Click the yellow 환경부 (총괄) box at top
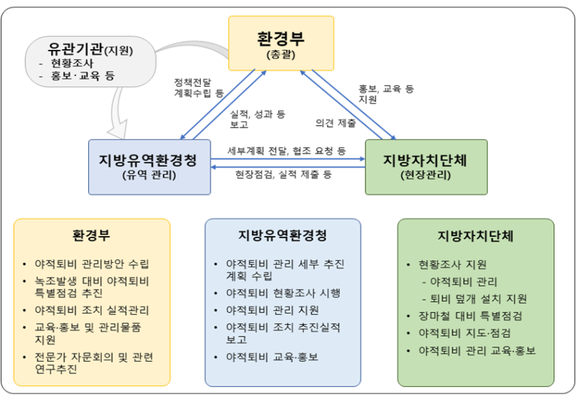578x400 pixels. pos(281,43)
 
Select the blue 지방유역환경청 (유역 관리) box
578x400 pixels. pos(150,167)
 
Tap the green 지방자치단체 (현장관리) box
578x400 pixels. pos(426,167)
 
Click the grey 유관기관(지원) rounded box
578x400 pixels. pos(90,61)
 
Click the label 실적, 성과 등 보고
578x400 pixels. pos(258,119)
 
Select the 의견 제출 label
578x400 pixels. pos(335,123)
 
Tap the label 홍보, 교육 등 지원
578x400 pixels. pos(387,94)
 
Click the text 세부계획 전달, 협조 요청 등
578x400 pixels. pos(287,151)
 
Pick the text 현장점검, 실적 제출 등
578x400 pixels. pos(283,174)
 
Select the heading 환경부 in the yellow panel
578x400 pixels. pos(91,235)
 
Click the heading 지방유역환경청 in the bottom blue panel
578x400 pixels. pos(282,235)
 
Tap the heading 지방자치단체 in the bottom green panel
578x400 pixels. pos(475,235)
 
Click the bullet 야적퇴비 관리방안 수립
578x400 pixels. pos(92,264)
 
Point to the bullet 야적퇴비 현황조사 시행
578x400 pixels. pos(283,293)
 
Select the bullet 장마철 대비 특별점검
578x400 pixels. pos(470,316)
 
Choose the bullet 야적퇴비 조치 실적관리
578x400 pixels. pos(92,310)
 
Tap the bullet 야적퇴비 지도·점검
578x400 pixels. pos(465,333)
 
